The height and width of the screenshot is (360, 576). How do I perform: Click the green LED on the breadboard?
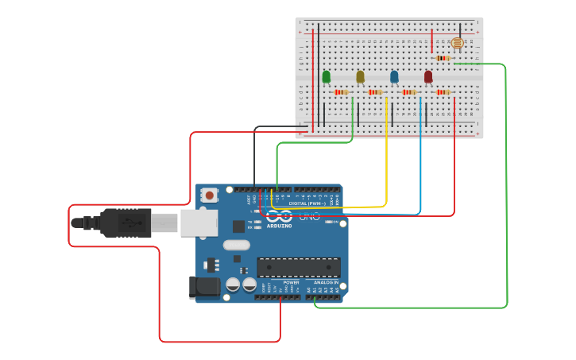pos(327,76)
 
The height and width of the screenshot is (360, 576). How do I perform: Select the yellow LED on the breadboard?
pos(361,76)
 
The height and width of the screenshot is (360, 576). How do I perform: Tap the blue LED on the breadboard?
pos(394,76)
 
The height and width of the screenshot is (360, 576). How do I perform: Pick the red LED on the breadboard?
pos(428,76)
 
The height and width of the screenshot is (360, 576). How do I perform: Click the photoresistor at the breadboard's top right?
pos(457,43)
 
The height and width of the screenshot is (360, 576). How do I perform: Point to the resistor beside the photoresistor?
pos(443,58)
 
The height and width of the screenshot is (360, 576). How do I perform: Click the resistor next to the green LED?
pos(342,92)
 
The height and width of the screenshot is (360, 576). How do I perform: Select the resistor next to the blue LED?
pos(409,92)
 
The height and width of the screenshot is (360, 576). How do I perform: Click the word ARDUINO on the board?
pos(279,226)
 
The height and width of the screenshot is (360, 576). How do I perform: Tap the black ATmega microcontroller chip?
pos(298,267)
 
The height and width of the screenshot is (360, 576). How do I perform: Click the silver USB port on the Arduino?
pos(199,223)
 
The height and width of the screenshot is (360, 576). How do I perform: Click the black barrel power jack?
pos(204,287)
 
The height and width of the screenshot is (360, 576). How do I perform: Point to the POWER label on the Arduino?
pos(292,282)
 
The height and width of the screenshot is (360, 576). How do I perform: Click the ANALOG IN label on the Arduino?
pos(325,282)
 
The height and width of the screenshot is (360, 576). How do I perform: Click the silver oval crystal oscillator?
pos(237,245)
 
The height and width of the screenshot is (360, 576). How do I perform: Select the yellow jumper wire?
pos(386,159)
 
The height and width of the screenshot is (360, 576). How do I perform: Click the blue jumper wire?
pos(420,159)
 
